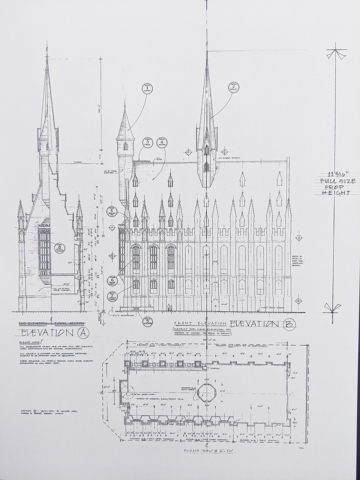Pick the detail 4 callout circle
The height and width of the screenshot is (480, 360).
162,141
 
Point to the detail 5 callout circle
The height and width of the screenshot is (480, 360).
113,211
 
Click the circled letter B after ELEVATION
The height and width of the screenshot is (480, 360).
287,325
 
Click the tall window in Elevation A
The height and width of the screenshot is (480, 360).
44,250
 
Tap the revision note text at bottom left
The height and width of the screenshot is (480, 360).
40,411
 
